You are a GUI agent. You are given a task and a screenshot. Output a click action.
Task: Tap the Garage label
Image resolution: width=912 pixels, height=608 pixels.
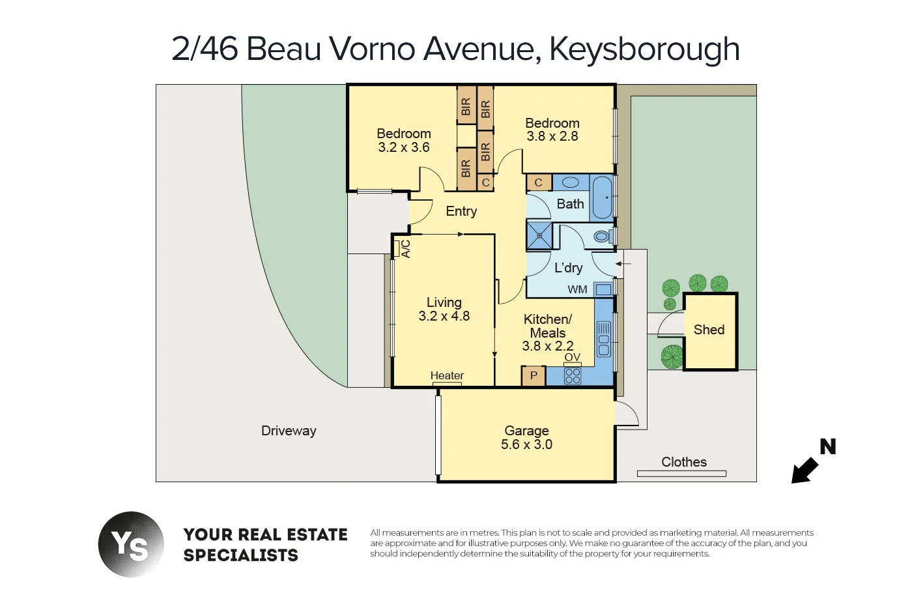(526, 431)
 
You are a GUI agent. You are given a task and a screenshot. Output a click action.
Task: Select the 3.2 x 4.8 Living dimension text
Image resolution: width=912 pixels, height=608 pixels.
(444, 316)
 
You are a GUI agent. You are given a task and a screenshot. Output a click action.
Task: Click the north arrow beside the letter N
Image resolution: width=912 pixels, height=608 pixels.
(805, 470)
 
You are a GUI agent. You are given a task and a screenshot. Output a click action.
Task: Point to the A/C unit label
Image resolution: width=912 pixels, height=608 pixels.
(405, 249)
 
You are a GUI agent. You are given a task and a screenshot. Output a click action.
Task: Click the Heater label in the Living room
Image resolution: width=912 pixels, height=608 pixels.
(447, 375)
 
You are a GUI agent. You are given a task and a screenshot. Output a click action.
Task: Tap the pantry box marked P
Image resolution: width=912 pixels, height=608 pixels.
(534, 375)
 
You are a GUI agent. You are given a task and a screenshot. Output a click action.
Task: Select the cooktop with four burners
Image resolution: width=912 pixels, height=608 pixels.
(573, 376)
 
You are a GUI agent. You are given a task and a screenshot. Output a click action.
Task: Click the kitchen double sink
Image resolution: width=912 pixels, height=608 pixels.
(603, 339)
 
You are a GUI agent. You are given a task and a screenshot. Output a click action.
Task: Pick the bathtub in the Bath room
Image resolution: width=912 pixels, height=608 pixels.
(602, 197)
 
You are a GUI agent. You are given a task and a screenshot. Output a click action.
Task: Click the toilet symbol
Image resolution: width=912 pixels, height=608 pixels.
(603, 236)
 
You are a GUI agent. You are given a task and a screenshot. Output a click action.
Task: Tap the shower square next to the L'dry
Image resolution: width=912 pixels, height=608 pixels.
(539, 235)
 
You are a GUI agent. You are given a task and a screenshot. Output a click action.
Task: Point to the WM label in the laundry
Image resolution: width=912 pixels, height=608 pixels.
(577, 289)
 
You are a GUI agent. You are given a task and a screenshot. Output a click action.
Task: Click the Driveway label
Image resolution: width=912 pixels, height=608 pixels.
(289, 431)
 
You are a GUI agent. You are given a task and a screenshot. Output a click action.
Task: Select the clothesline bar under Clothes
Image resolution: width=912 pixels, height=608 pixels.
(681, 474)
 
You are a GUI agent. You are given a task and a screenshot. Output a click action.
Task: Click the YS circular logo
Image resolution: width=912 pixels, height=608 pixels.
(131, 544)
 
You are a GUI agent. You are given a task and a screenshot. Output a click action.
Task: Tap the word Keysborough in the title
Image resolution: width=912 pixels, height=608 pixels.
(644, 49)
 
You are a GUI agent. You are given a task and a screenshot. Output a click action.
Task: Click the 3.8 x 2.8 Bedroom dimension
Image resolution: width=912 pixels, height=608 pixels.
(552, 137)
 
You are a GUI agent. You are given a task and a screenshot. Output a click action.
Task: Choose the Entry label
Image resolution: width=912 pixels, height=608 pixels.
(461, 211)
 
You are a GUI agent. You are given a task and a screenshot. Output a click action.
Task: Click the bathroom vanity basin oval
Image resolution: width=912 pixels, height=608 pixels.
(571, 182)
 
